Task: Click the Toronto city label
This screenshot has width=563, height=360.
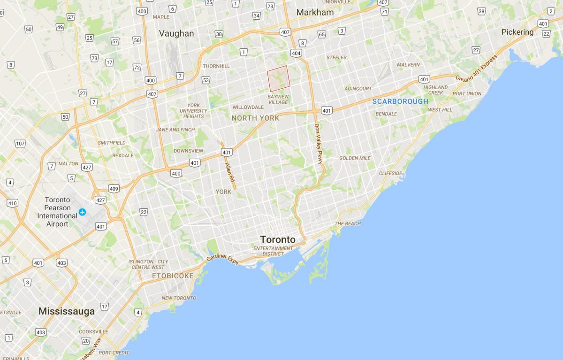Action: (x=278, y=239)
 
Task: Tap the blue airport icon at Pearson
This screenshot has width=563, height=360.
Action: (x=83, y=212)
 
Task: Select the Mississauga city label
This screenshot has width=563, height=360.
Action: (x=67, y=311)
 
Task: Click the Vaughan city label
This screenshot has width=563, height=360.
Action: (x=176, y=33)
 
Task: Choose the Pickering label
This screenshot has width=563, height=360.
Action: (x=517, y=32)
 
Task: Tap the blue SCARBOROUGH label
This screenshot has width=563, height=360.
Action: (x=400, y=101)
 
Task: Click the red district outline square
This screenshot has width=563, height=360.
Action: (x=278, y=78)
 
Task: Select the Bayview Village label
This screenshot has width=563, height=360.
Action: (x=278, y=100)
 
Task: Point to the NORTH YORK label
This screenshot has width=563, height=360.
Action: (x=256, y=118)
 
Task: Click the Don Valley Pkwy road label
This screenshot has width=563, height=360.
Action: (x=319, y=144)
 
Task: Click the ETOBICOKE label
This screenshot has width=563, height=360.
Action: (x=172, y=276)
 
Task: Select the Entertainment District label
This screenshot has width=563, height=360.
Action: (x=273, y=251)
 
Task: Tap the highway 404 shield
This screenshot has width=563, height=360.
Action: (x=296, y=54)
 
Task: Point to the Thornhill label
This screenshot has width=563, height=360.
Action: (x=216, y=66)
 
